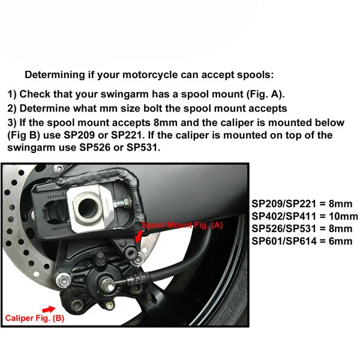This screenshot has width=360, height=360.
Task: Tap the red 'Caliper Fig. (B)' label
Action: coord(34,317)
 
